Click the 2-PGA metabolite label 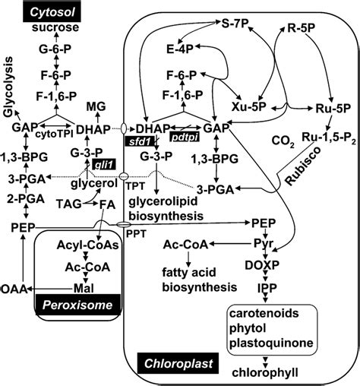click(x=27, y=200)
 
